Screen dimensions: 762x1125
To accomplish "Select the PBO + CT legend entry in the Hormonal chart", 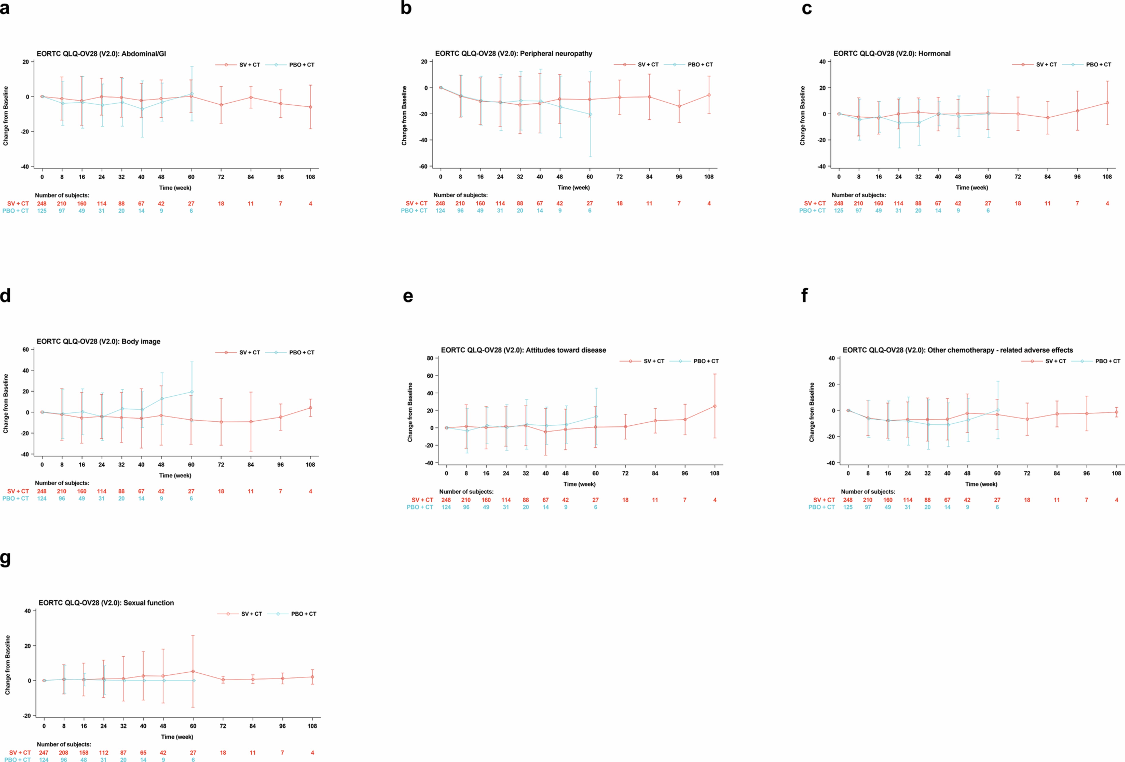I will tap(1098, 64).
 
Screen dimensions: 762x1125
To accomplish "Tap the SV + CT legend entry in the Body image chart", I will tap(249, 352).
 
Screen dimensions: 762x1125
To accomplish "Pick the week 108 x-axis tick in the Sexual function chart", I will tap(312, 726).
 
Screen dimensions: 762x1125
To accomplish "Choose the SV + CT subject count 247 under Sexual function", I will tap(44, 752).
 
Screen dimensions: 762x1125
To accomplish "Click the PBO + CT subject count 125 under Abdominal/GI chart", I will tap(42, 210).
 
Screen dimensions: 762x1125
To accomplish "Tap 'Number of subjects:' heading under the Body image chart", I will tap(62, 483).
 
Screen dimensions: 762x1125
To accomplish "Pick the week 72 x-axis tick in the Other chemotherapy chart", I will tap(1027, 473).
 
